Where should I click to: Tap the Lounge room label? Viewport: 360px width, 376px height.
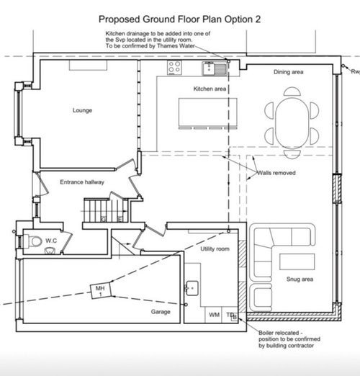(x=84, y=110)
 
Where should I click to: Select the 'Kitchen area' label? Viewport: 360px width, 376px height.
(x=210, y=89)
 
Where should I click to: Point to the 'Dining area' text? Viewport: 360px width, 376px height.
(x=291, y=73)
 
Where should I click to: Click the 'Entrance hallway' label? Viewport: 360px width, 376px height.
(x=82, y=182)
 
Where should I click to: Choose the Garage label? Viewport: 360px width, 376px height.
(x=160, y=312)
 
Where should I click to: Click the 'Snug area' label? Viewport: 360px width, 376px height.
(x=300, y=297)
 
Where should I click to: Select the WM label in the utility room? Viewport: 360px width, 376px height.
(x=214, y=315)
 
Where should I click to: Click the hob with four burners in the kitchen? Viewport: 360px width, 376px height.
(x=175, y=68)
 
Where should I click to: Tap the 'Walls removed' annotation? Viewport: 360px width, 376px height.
(x=272, y=173)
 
